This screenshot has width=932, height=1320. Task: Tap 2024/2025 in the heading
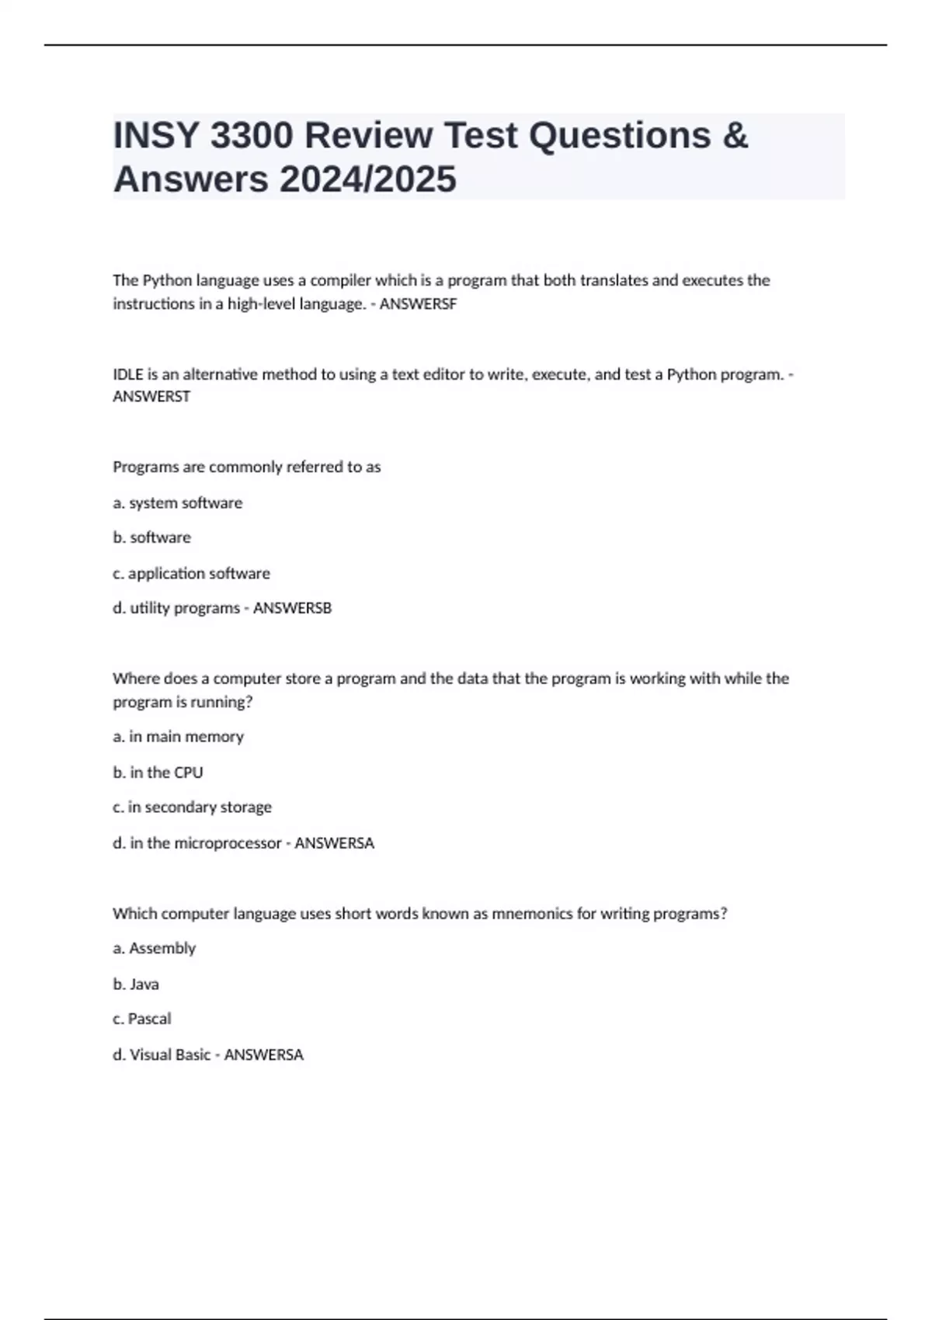pos(367,179)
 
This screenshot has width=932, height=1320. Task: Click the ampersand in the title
pos(735,136)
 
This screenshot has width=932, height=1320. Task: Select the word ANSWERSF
pos(418,304)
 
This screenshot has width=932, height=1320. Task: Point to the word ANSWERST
pos(151,397)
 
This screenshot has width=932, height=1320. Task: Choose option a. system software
pos(177,503)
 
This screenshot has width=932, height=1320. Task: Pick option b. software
pos(151,537)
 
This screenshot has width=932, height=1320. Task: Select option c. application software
pos(191,573)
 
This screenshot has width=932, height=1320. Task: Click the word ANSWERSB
pos(292,608)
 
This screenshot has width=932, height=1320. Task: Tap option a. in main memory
pos(178,736)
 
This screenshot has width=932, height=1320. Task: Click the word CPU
pos(189,772)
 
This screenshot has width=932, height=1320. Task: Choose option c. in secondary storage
pos(192,807)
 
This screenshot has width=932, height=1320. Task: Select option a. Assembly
pos(154,948)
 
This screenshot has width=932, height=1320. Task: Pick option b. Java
pos(136,984)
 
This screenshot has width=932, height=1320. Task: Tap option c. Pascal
pos(141,1019)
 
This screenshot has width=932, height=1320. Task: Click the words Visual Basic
pos(170,1054)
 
